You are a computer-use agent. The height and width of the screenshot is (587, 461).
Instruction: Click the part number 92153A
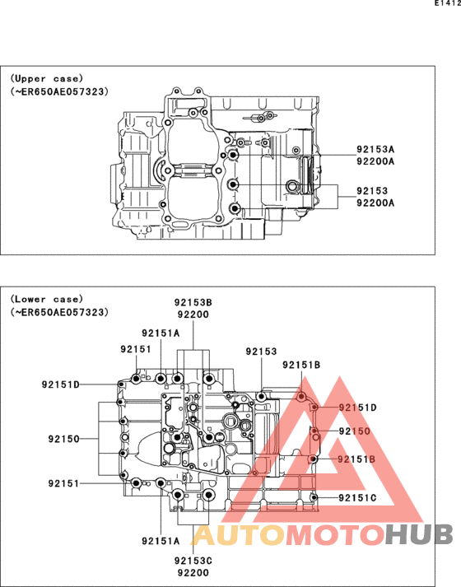[375, 149]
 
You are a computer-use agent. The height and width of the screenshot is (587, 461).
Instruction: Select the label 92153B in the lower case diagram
[193, 302]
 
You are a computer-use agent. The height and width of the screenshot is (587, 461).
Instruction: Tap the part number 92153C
[193, 561]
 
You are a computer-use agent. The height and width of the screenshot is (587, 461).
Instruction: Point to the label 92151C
[357, 498]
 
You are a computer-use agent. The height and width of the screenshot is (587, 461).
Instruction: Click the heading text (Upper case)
[46, 78]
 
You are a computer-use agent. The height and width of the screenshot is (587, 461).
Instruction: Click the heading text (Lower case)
[46, 299]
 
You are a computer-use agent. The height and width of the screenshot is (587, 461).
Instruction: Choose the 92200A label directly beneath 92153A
[375, 161]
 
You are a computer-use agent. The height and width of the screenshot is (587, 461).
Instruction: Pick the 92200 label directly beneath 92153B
[193, 314]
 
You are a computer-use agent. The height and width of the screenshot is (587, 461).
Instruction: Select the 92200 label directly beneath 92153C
[193, 572]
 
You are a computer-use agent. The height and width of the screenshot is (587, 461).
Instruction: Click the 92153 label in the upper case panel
[372, 191]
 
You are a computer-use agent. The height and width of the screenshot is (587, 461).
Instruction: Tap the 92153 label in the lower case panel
[261, 352]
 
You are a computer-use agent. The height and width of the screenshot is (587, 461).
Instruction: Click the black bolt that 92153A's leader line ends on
[233, 154]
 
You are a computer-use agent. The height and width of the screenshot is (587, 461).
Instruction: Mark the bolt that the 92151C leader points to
[314, 497]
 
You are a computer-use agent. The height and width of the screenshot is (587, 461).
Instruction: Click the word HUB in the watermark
[419, 534]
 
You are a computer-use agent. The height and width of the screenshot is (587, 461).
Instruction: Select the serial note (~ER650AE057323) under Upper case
[59, 91]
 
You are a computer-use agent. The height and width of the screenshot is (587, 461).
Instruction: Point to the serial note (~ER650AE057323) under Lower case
[59, 312]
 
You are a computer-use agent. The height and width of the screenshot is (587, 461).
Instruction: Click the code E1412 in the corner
[448, 3]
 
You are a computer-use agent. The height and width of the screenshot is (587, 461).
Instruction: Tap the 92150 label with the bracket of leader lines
[64, 438]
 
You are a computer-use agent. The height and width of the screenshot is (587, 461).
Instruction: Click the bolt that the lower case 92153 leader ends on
[261, 396]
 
